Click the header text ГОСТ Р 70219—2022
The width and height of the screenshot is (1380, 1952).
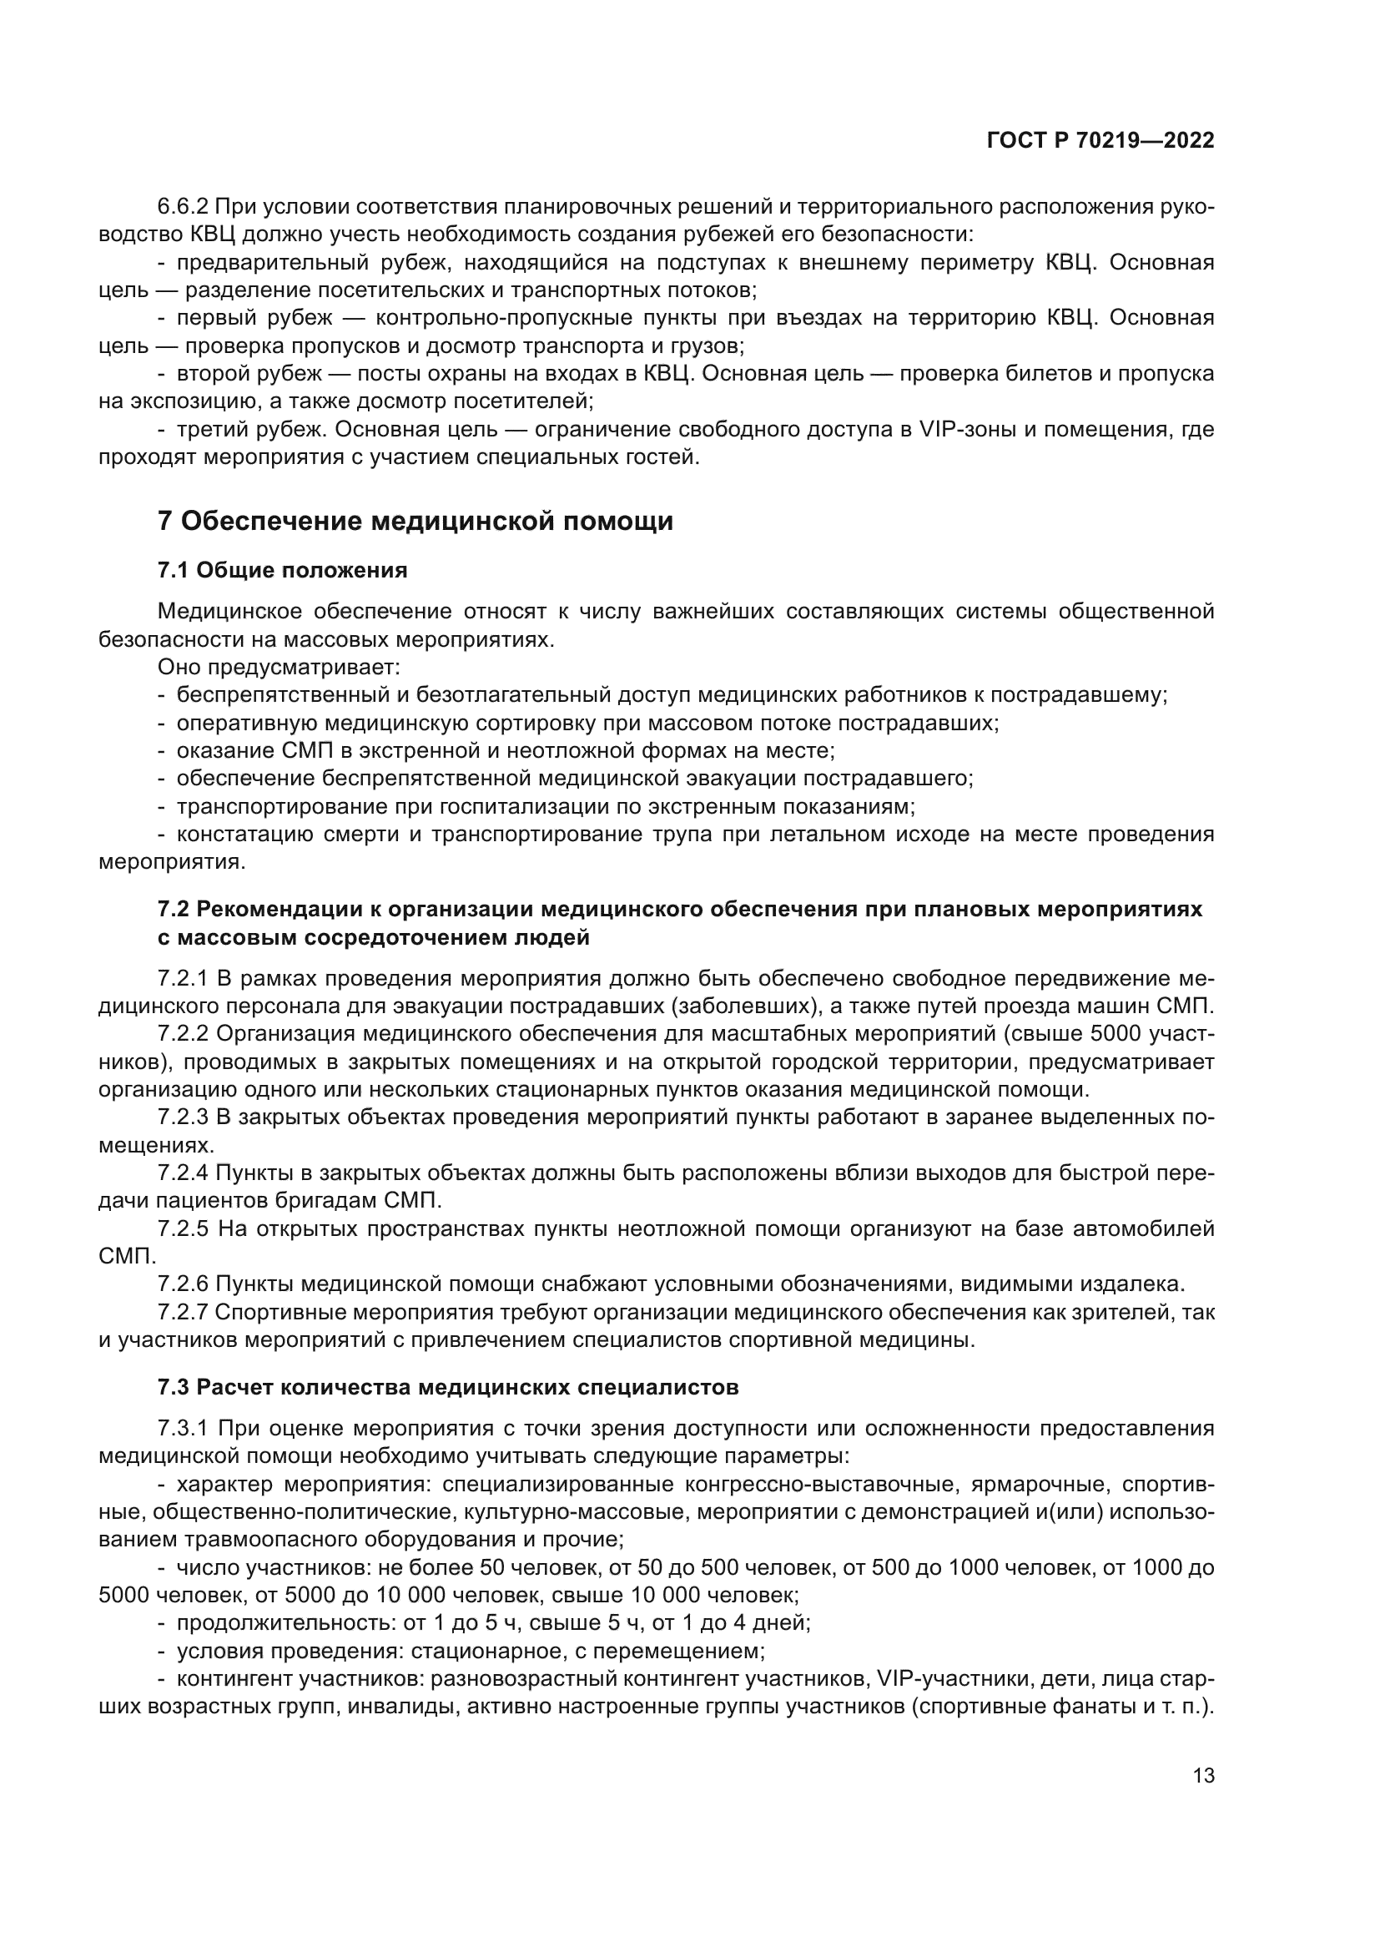pos(1100,141)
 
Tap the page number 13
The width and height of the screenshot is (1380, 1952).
pos(1203,1776)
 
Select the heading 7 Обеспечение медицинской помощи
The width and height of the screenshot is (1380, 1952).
pos(416,521)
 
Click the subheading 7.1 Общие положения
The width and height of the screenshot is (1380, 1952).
pos(282,571)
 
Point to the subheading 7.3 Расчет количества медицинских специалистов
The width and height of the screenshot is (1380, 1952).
pos(448,1388)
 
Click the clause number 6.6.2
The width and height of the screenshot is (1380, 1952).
pos(183,207)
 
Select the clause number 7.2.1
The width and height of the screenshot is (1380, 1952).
pos(183,979)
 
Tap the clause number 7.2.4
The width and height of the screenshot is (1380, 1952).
pos(183,1174)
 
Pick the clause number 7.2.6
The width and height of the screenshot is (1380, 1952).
pos(183,1284)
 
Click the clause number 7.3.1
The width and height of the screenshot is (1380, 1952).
pos(183,1429)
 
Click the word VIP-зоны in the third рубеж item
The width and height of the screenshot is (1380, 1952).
pos(968,429)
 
